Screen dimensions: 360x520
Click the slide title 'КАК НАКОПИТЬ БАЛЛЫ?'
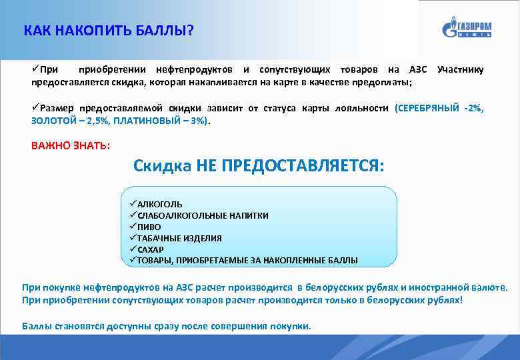[108, 31]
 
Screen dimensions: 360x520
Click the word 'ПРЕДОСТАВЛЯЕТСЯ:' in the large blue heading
[290, 165]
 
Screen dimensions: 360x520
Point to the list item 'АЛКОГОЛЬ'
[159, 204]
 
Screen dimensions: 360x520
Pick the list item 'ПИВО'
[149, 227]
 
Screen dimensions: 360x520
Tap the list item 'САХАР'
[150, 249]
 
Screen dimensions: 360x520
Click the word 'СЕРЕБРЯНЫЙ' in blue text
[428, 108]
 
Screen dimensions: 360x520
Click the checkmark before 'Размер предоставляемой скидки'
[35, 107]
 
